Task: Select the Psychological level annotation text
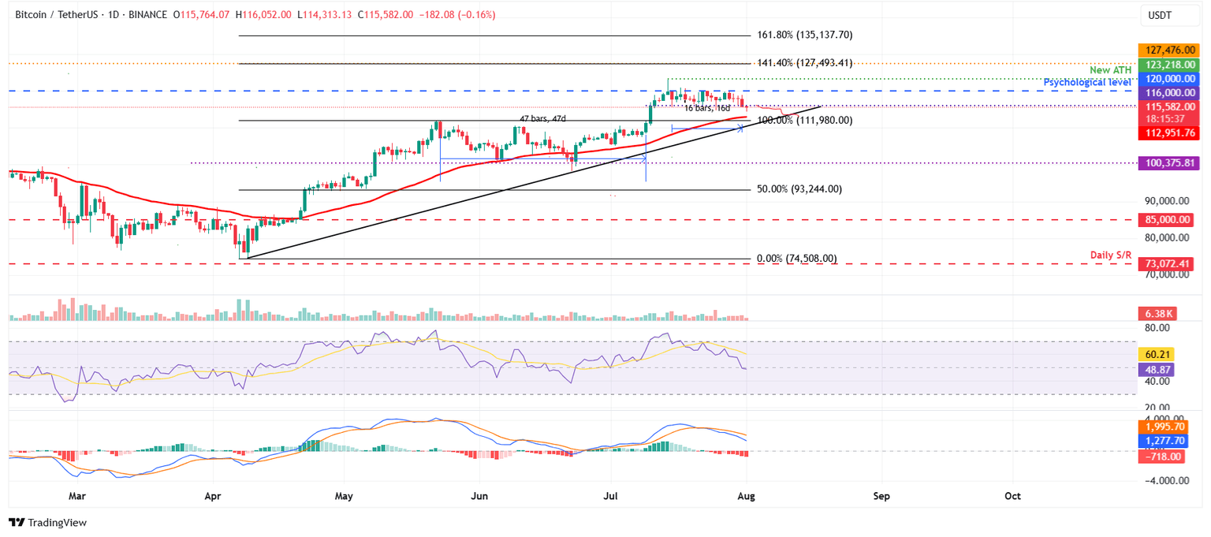(1088, 82)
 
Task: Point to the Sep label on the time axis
(881, 497)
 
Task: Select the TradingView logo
(47, 522)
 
